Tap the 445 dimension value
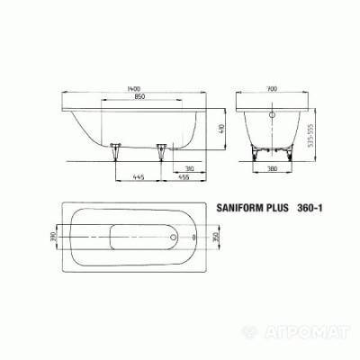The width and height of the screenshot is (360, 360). pyautogui.click(x=135, y=177)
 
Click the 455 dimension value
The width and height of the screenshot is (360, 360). pyautogui.click(x=181, y=177)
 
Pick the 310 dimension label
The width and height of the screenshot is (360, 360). pyautogui.click(x=191, y=168)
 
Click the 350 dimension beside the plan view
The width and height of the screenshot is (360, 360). pyautogui.click(x=213, y=238)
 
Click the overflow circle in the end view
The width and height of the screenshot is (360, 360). pyautogui.click(x=273, y=116)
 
